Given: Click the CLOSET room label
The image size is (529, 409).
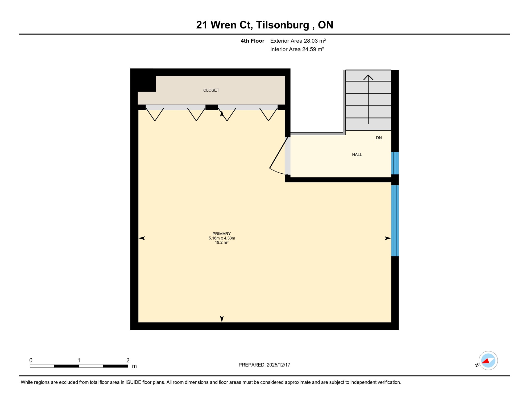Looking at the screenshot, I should pos(211,90).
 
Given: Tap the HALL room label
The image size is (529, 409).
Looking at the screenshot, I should pos(357,155).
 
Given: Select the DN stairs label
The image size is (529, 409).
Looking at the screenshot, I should pos(379,138).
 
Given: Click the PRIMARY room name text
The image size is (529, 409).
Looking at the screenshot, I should pos(221,234).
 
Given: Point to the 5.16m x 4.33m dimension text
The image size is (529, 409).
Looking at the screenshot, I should pos(222,238).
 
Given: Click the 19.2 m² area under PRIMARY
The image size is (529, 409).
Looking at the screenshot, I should pos(221,243).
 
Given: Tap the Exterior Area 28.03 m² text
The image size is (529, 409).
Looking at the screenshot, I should pos(298,41).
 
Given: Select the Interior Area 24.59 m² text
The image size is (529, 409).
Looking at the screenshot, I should pos(297,49).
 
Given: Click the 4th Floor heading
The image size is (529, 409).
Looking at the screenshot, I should pos(252,41).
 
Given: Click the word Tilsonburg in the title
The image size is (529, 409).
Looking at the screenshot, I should pos(283,25).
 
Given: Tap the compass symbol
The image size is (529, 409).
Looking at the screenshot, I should pos(488,361).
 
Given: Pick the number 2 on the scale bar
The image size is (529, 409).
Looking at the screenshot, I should pos(128,360).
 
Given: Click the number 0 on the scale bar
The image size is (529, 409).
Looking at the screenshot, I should pos(31,360).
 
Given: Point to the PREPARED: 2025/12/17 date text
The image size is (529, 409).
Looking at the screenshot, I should pos(264,365).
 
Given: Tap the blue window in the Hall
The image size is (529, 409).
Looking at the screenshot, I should pos(395,163).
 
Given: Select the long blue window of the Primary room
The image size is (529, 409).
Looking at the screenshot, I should pos(395,221).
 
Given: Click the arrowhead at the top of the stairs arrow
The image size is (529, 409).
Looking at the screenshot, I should pos(368,77).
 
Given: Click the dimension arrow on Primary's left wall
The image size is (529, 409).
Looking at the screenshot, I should pos(142,238).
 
